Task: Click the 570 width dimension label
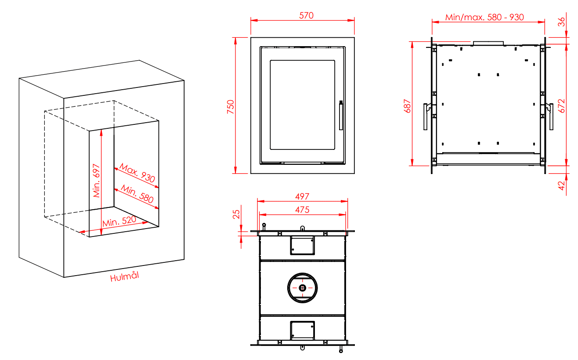click(x=306, y=15)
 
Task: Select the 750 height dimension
click(x=231, y=107)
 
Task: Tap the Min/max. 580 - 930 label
click(x=484, y=17)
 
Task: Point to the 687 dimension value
click(x=407, y=106)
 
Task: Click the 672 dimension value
click(x=561, y=106)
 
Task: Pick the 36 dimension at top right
click(x=561, y=22)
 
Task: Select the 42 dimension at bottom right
click(x=561, y=185)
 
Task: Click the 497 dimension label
click(x=302, y=196)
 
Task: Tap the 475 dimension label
click(x=302, y=210)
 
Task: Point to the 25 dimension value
click(x=236, y=215)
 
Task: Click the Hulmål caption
click(x=124, y=276)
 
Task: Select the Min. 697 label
click(x=96, y=181)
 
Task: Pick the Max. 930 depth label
click(x=137, y=173)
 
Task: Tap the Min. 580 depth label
click(x=137, y=194)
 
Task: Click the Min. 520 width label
click(x=119, y=222)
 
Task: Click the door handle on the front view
click(x=341, y=115)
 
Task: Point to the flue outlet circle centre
click(x=303, y=287)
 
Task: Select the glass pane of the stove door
click(x=303, y=105)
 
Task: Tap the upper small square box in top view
click(x=303, y=245)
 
